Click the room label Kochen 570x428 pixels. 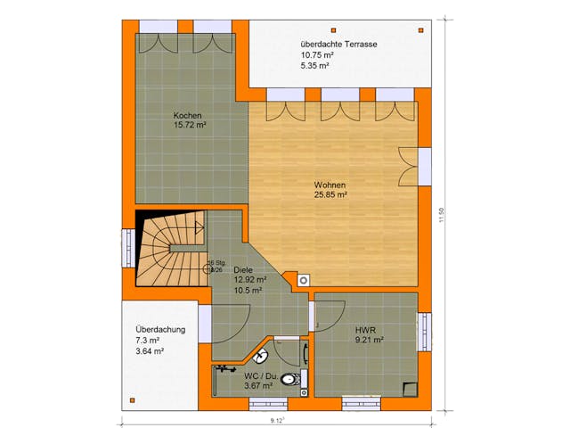click(188, 116)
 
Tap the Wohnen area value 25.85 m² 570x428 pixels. click(330, 193)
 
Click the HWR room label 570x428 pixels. click(365, 328)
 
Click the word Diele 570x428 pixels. click(245, 268)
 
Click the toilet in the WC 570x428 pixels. click(289, 381)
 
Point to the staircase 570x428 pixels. click(168, 248)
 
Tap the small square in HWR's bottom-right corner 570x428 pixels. click(409, 387)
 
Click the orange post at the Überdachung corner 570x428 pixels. click(132, 397)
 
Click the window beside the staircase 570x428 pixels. click(127, 248)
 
